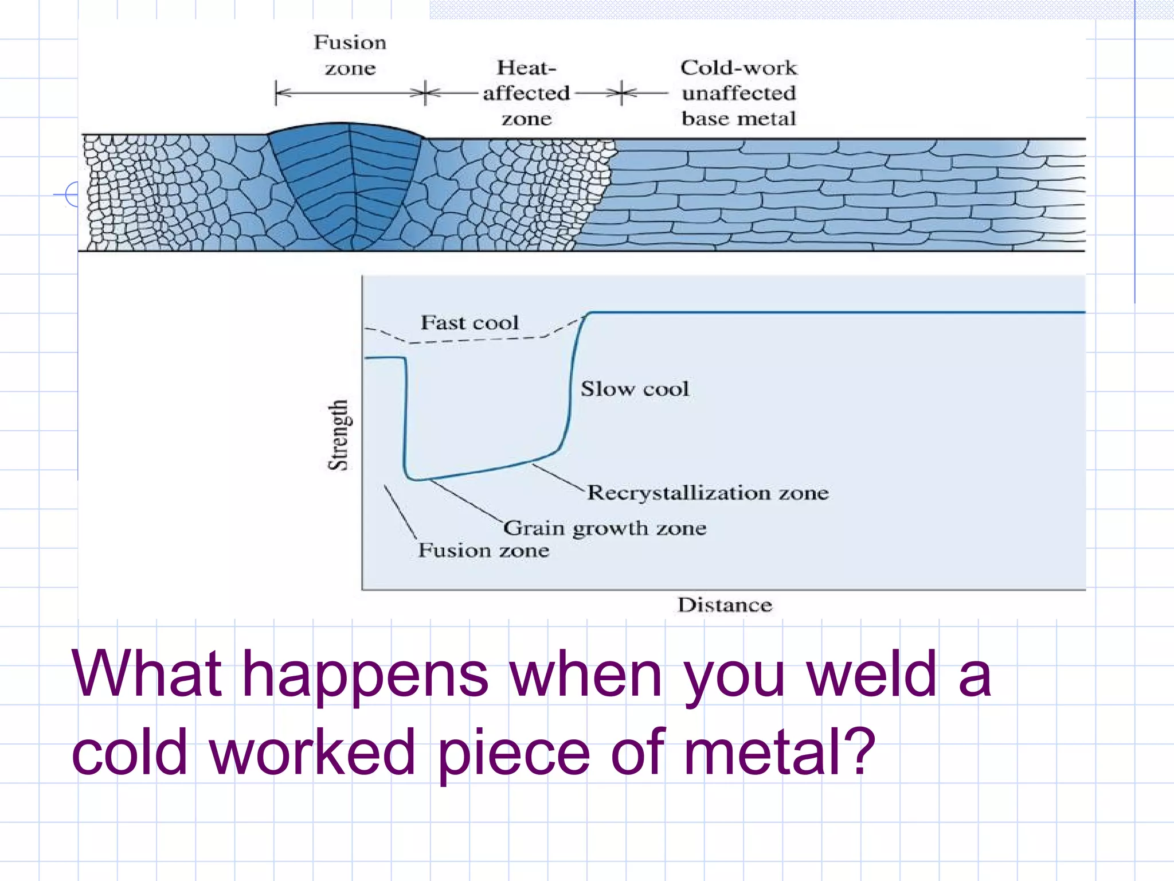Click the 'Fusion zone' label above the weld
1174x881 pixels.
(350, 55)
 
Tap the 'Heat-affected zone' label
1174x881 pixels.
(526, 93)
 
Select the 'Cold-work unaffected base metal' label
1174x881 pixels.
(738, 93)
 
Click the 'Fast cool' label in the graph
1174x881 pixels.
(469, 322)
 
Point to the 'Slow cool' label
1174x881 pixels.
(635, 389)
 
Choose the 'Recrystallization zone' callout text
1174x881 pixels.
(708, 493)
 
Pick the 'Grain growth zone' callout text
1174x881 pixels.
(605, 528)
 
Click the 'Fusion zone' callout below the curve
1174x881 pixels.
(483, 551)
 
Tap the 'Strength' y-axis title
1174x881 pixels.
(338, 435)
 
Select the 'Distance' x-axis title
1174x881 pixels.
(725, 605)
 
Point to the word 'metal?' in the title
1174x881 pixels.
(780, 751)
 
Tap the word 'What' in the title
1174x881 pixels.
(147, 675)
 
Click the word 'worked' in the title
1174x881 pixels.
(312, 751)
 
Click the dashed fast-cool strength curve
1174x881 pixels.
(476, 340)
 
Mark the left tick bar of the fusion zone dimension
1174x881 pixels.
(276, 93)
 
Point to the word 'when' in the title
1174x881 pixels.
(586, 675)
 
